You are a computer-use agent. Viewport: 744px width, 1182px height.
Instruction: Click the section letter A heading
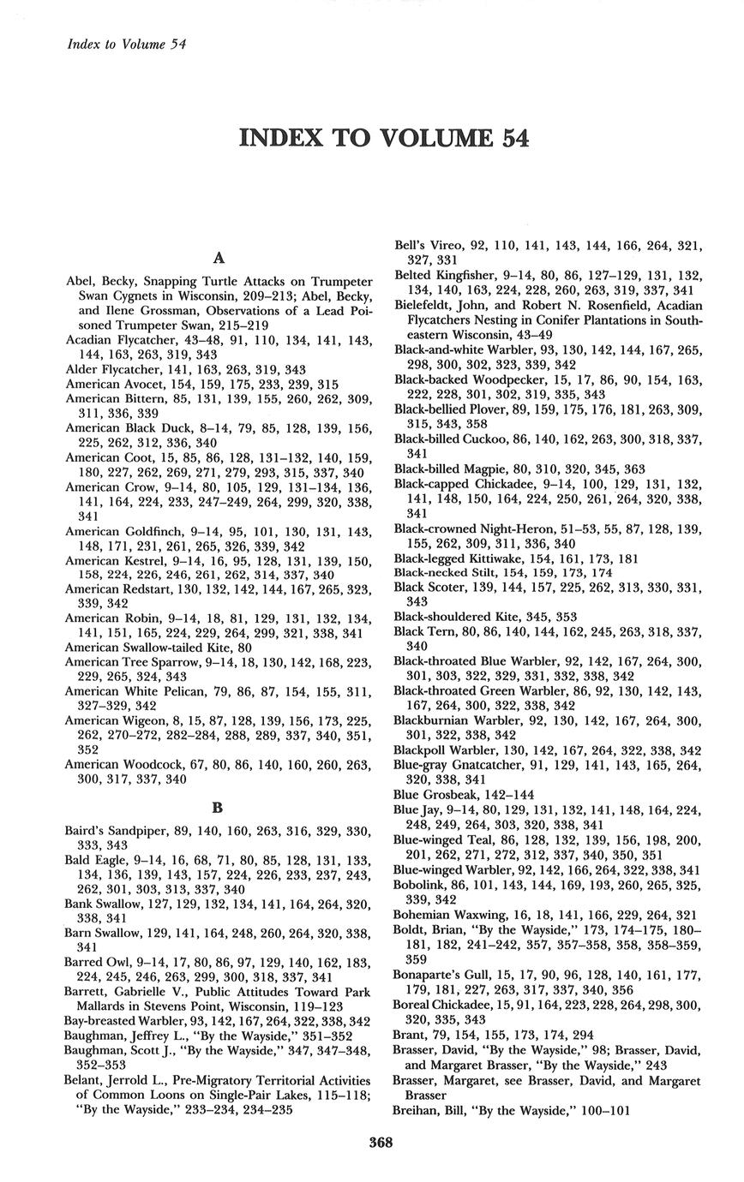218,257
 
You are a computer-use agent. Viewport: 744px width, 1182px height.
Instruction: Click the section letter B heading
218,806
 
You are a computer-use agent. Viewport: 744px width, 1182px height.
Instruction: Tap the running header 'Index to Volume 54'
127,44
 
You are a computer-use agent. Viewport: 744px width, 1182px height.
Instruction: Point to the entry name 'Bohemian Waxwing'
446,915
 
